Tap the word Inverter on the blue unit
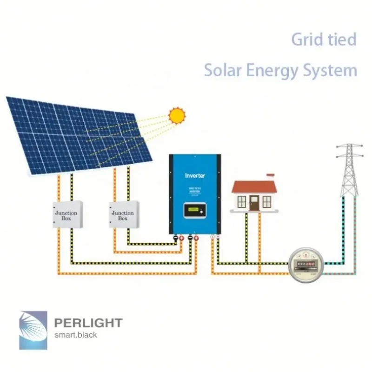pos(195,175)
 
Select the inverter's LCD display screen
pos(194,212)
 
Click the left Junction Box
pos(66,215)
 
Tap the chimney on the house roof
pos(270,177)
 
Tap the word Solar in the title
pos(222,71)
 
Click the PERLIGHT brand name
pos(88,323)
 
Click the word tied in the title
pos(341,40)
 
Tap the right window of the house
pos(266,201)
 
